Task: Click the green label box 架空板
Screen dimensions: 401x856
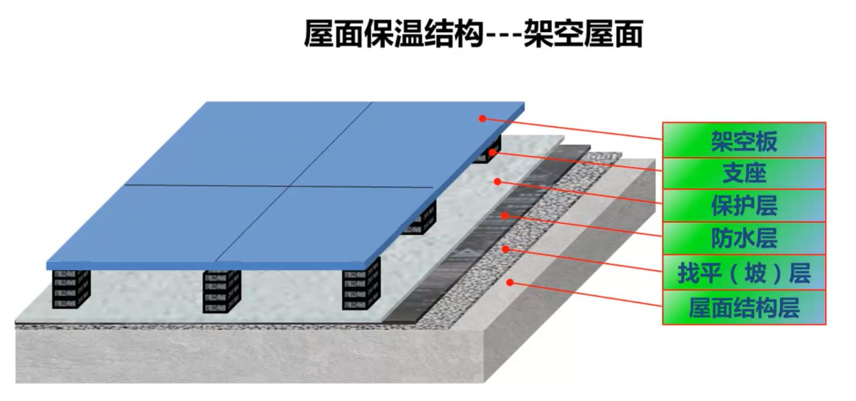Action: pos(744,140)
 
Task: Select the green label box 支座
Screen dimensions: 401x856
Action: pos(744,173)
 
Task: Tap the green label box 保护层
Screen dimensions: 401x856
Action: pos(744,205)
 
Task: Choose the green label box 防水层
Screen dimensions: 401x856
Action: pos(744,238)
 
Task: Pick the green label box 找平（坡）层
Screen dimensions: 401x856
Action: pos(744,272)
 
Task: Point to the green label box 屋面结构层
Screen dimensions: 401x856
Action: pos(744,307)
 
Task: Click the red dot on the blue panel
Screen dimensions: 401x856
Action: pos(482,118)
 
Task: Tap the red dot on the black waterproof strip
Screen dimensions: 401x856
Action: pos(505,216)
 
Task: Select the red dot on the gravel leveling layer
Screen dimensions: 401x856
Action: pos(506,249)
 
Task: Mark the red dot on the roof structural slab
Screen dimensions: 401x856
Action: pos(510,283)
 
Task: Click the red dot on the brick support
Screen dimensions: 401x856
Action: pos(492,153)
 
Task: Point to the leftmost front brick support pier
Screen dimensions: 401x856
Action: pos(71,288)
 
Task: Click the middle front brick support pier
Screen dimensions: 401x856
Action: pos(221,291)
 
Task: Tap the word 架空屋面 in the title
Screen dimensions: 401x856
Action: pos(583,34)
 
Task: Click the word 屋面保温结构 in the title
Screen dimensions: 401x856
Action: pos(394,34)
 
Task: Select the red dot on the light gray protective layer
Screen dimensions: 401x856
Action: pos(497,182)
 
